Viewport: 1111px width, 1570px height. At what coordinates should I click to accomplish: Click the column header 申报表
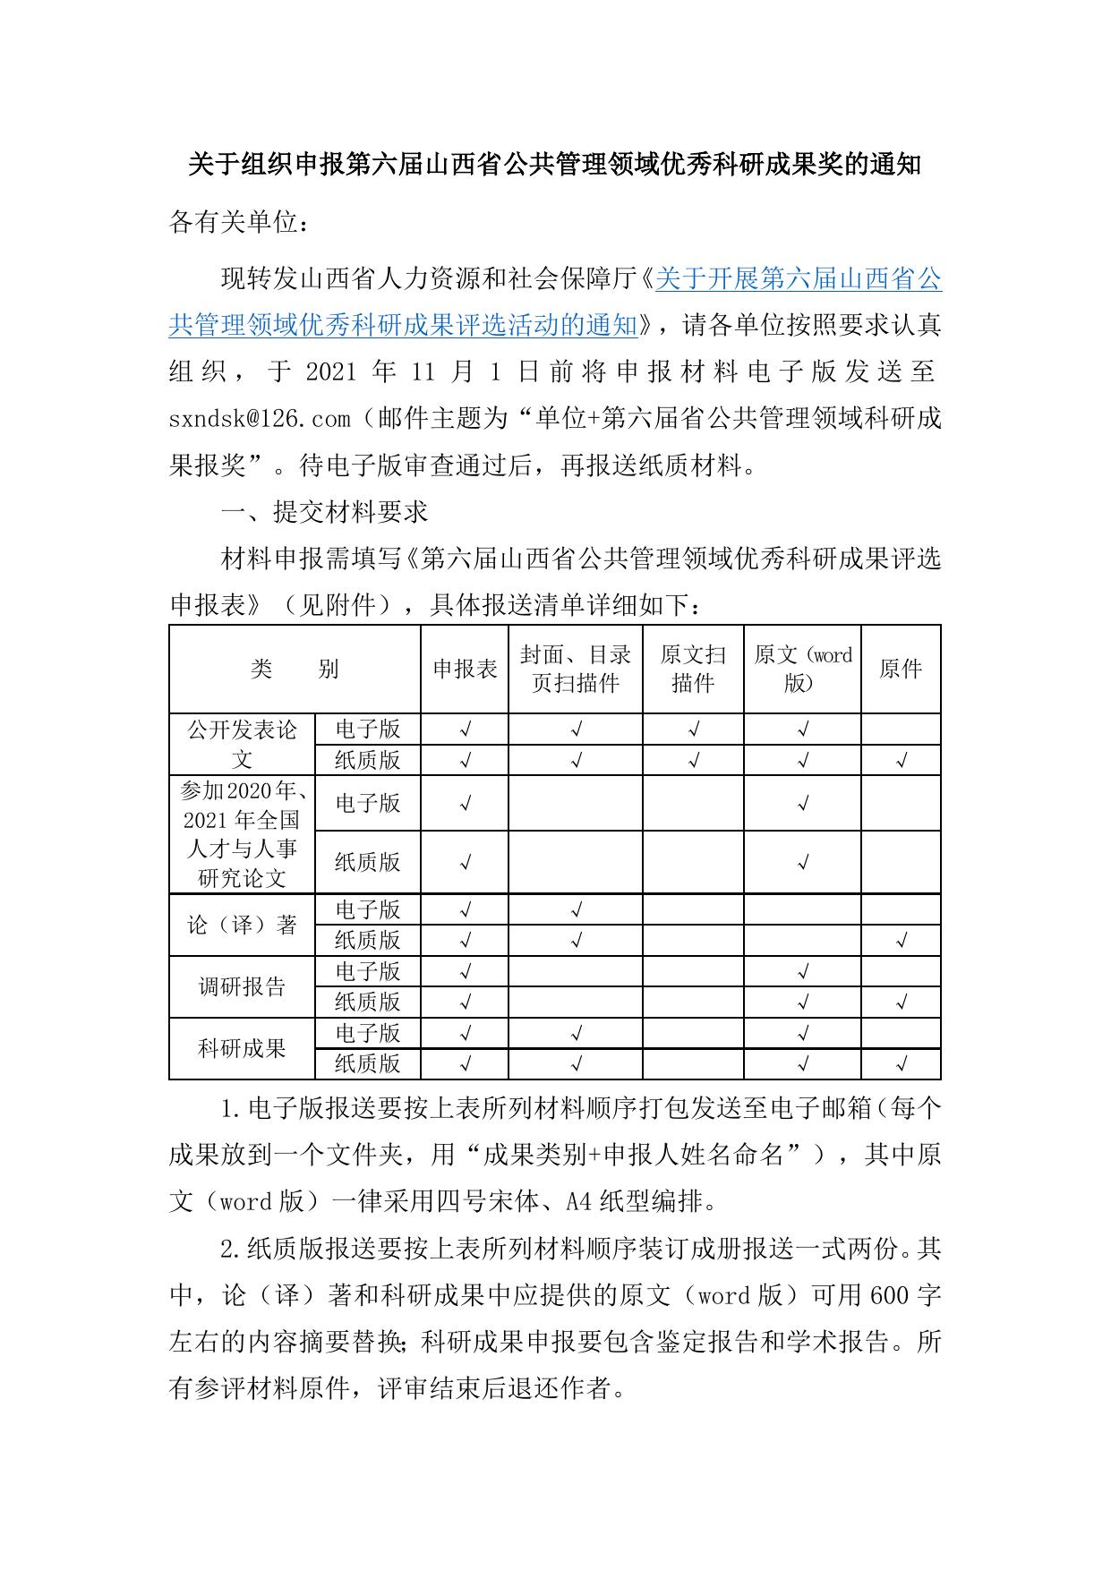click(465, 670)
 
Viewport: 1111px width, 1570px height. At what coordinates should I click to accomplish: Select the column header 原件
click(901, 670)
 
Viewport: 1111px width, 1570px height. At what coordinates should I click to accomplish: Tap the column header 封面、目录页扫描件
click(576, 670)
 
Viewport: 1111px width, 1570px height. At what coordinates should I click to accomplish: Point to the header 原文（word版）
click(802, 670)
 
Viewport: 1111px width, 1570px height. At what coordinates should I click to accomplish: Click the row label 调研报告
click(242, 987)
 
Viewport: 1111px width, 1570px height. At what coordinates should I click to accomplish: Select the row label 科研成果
click(242, 1048)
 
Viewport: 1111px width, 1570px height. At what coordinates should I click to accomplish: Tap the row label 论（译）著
click(242, 926)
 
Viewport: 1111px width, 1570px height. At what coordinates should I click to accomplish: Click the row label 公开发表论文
click(242, 745)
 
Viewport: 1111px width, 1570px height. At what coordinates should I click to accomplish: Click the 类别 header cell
click(295, 670)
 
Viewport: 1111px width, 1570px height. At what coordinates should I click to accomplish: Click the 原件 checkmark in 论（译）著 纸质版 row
click(902, 941)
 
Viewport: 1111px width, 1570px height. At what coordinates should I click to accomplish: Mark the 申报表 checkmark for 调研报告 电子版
click(465, 972)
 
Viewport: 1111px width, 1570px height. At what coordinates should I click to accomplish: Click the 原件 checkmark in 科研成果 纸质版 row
click(902, 1064)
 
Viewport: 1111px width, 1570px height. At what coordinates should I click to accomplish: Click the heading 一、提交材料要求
click(325, 512)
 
